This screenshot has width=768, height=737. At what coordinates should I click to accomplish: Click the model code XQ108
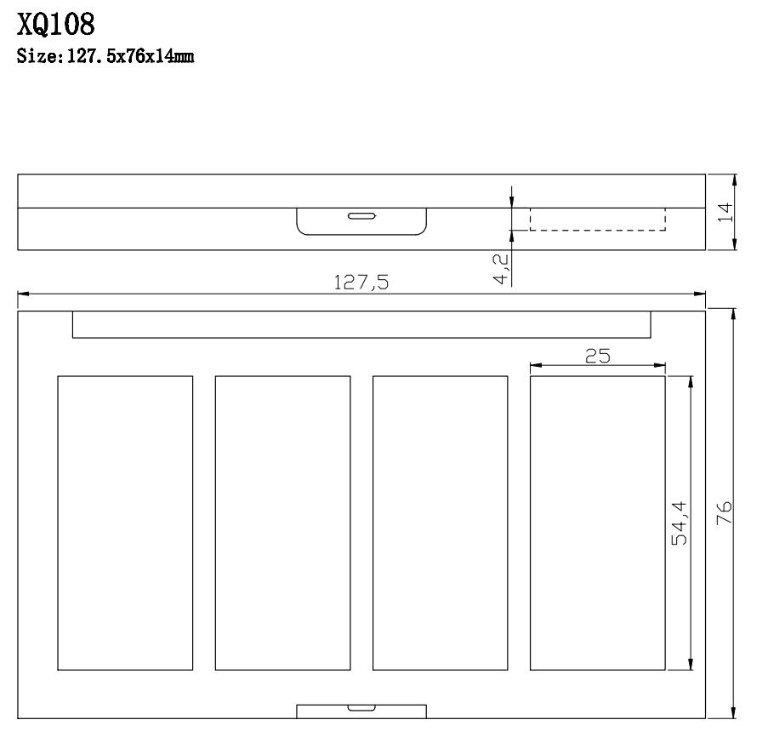click(56, 25)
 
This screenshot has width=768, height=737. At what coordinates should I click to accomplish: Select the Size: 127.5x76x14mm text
click(105, 56)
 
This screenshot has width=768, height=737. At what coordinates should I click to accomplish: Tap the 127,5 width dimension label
click(361, 283)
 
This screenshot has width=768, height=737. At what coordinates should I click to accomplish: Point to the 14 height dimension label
click(725, 212)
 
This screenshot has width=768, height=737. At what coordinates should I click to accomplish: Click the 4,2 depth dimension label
click(501, 269)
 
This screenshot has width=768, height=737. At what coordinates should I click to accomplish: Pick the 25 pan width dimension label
click(598, 356)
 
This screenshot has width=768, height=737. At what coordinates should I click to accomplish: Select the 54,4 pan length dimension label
click(680, 523)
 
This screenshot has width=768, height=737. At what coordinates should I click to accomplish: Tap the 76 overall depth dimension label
click(724, 512)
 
